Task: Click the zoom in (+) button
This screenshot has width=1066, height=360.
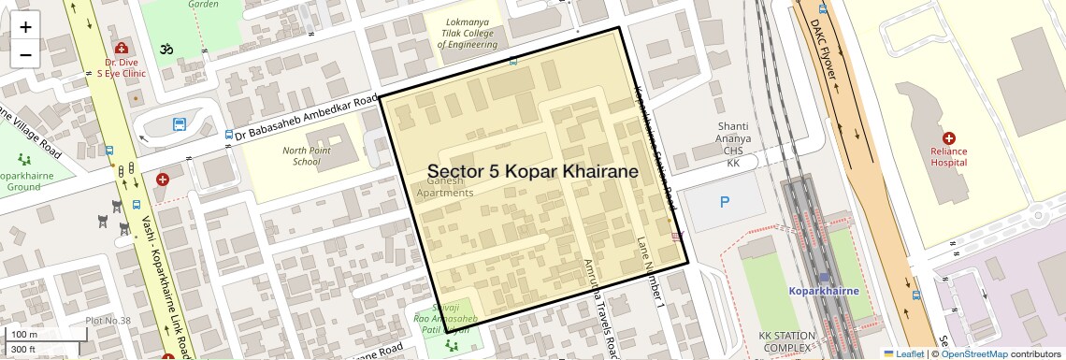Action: [25, 26]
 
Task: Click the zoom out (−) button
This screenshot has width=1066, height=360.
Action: [25, 54]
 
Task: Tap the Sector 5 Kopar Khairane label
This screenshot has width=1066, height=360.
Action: [532, 172]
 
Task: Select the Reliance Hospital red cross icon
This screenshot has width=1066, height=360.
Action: [948, 137]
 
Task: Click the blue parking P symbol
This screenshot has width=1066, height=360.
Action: [725, 201]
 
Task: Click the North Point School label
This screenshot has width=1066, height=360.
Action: [308, 155]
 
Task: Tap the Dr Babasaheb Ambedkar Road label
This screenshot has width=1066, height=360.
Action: [305, 119]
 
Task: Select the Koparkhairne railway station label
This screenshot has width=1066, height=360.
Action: [823, 291]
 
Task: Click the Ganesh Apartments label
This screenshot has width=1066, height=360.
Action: [444, 186]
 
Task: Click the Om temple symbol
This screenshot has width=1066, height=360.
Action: [168, 48]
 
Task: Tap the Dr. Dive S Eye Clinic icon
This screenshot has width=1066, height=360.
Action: [120, 48]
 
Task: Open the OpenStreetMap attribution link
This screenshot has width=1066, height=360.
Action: [974, 353]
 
